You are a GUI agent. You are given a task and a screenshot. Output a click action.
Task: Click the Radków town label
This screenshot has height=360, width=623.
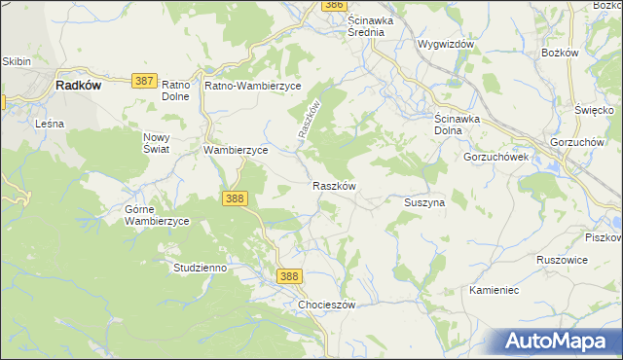click(79, 85)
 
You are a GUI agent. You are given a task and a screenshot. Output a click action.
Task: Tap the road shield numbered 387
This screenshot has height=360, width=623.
click(143, 82)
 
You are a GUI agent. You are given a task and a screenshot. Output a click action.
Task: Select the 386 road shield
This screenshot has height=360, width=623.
click(334, 5)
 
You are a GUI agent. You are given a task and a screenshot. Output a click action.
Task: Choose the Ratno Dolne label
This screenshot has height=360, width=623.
click(176, 90)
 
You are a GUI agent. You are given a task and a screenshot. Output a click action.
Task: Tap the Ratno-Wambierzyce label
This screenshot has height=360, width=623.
click(253, 85)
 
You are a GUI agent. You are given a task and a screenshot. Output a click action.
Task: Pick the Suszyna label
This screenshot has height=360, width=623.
click(423, 202)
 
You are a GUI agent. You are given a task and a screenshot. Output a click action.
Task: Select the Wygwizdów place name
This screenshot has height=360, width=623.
click(445, 45)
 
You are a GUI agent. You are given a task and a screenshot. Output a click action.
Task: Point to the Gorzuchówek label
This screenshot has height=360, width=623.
click(495, 157)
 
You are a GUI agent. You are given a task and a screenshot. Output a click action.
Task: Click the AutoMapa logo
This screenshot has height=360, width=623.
click(559, 341)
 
